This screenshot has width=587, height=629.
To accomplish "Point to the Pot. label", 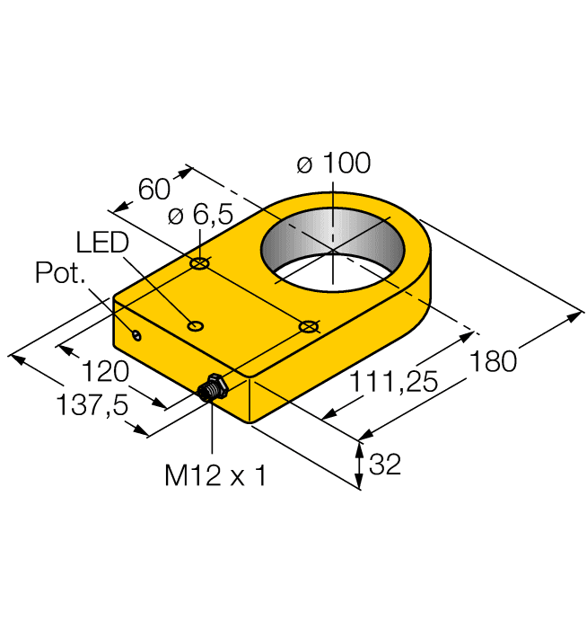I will pos(61,273).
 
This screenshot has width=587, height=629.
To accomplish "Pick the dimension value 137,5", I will pos(90,405).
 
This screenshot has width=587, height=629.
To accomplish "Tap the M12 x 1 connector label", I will pos(215,475).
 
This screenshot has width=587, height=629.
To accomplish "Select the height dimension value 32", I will pos(384,465).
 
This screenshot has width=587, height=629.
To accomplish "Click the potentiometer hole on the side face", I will pos(136,336).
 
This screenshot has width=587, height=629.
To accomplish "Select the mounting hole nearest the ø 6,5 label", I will pos(199,264).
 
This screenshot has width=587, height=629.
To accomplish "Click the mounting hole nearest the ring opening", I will pos(309,326).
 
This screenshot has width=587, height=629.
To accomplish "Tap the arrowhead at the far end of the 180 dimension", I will pos(578,314).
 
